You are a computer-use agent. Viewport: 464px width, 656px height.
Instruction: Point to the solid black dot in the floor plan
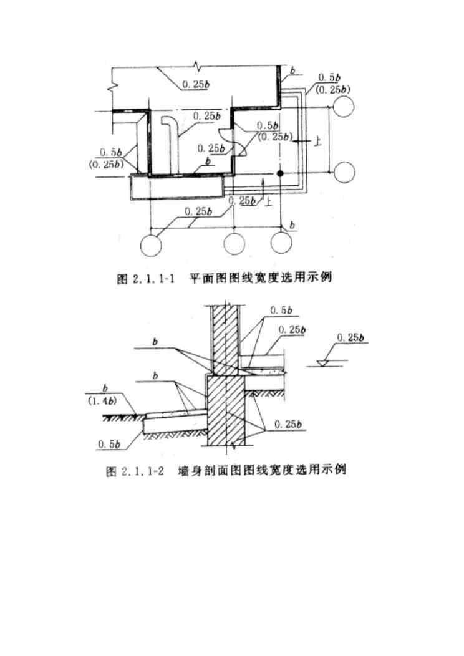click(281, 173)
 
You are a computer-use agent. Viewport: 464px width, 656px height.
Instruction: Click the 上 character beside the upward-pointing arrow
click(269, 201)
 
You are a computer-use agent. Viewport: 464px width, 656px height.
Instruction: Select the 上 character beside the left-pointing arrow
click(318, 142)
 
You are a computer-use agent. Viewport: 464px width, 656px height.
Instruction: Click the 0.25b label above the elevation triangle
click(350, 339)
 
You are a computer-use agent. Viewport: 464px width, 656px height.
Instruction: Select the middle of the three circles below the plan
click(234, 243)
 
